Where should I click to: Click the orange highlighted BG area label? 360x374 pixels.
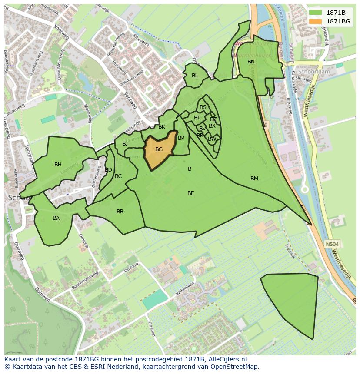[x=159, y=149]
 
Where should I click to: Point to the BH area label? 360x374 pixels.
[x=58, y=165]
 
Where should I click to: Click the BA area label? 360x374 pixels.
[x=56, y=218]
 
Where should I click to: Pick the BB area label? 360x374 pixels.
[x=120, y=212]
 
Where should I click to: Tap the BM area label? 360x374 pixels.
[x=254, y=179]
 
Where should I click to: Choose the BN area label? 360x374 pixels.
[x=251, y=62]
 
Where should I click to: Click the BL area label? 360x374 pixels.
[x=195, y=76]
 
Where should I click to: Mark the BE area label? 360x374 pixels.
[x=190, y=193]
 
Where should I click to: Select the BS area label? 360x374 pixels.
[x=203, y=107]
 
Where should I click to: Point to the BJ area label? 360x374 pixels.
[x=125, y=144]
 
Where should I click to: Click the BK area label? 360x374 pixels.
[x=162, y=127]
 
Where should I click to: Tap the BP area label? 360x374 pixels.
[x=181, y=138]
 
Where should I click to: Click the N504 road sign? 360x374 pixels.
[x=332, y=245]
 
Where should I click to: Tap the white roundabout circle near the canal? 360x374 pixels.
[x=305, y=189]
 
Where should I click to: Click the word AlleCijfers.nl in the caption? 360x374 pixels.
[x=227, y=359]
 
